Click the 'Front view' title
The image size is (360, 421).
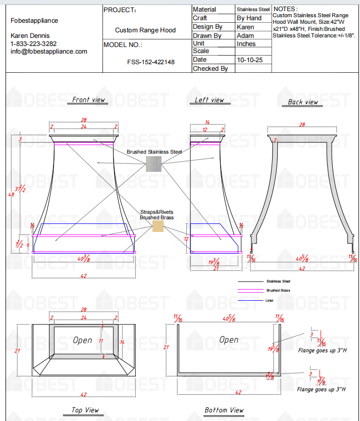[88, 100]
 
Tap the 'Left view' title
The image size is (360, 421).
[209, 100]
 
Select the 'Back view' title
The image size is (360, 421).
[303, 102]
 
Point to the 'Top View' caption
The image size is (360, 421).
[85, 410]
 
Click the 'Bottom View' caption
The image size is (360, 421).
[224, 410]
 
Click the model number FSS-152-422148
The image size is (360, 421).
[150, 62]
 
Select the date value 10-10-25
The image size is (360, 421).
[248, 60]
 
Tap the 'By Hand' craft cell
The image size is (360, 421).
[249, 18]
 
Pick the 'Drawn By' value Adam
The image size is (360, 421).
[245, 36]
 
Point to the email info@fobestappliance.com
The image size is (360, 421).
[49, 52]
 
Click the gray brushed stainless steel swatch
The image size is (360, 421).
[153, 164]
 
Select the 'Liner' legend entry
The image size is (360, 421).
[270, 300]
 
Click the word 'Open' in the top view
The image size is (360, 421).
[82, 340]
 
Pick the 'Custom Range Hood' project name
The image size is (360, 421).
[145, 30]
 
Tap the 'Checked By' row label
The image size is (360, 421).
[210, 68]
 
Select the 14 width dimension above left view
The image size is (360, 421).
[207, 122]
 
